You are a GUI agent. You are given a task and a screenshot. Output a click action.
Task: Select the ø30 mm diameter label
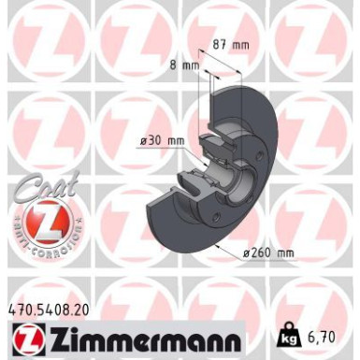161,140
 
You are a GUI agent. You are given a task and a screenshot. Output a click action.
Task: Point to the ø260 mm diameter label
267,251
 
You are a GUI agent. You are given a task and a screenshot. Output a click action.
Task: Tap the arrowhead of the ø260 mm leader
218,246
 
